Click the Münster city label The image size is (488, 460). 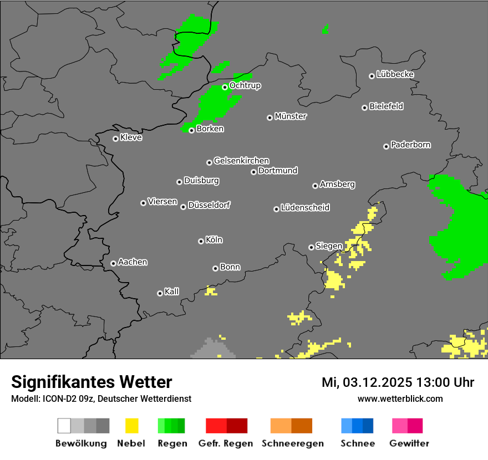(291, 116)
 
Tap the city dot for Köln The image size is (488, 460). (201, 241)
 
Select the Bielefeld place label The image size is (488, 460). (387, 106)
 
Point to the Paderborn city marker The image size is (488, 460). (386, 146)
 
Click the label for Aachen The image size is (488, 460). (133, 262)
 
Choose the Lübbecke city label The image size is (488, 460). (395, 74)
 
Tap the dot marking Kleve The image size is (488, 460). (115, 139)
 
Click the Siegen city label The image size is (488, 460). (329, 246)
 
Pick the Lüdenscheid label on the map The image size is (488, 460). (305, 208)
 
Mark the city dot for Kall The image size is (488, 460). (160, 293)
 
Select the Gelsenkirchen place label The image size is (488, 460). (241, 161)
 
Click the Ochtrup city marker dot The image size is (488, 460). (225, 87)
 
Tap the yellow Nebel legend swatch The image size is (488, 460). (131, 426)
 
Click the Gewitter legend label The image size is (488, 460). (409, 443)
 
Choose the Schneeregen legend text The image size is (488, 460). (291, 443)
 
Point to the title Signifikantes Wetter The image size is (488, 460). (91, 382)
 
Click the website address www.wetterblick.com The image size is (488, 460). (400, 398)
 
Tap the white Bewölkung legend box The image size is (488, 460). (64, 426)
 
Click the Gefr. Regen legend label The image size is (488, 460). (226, 443)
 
